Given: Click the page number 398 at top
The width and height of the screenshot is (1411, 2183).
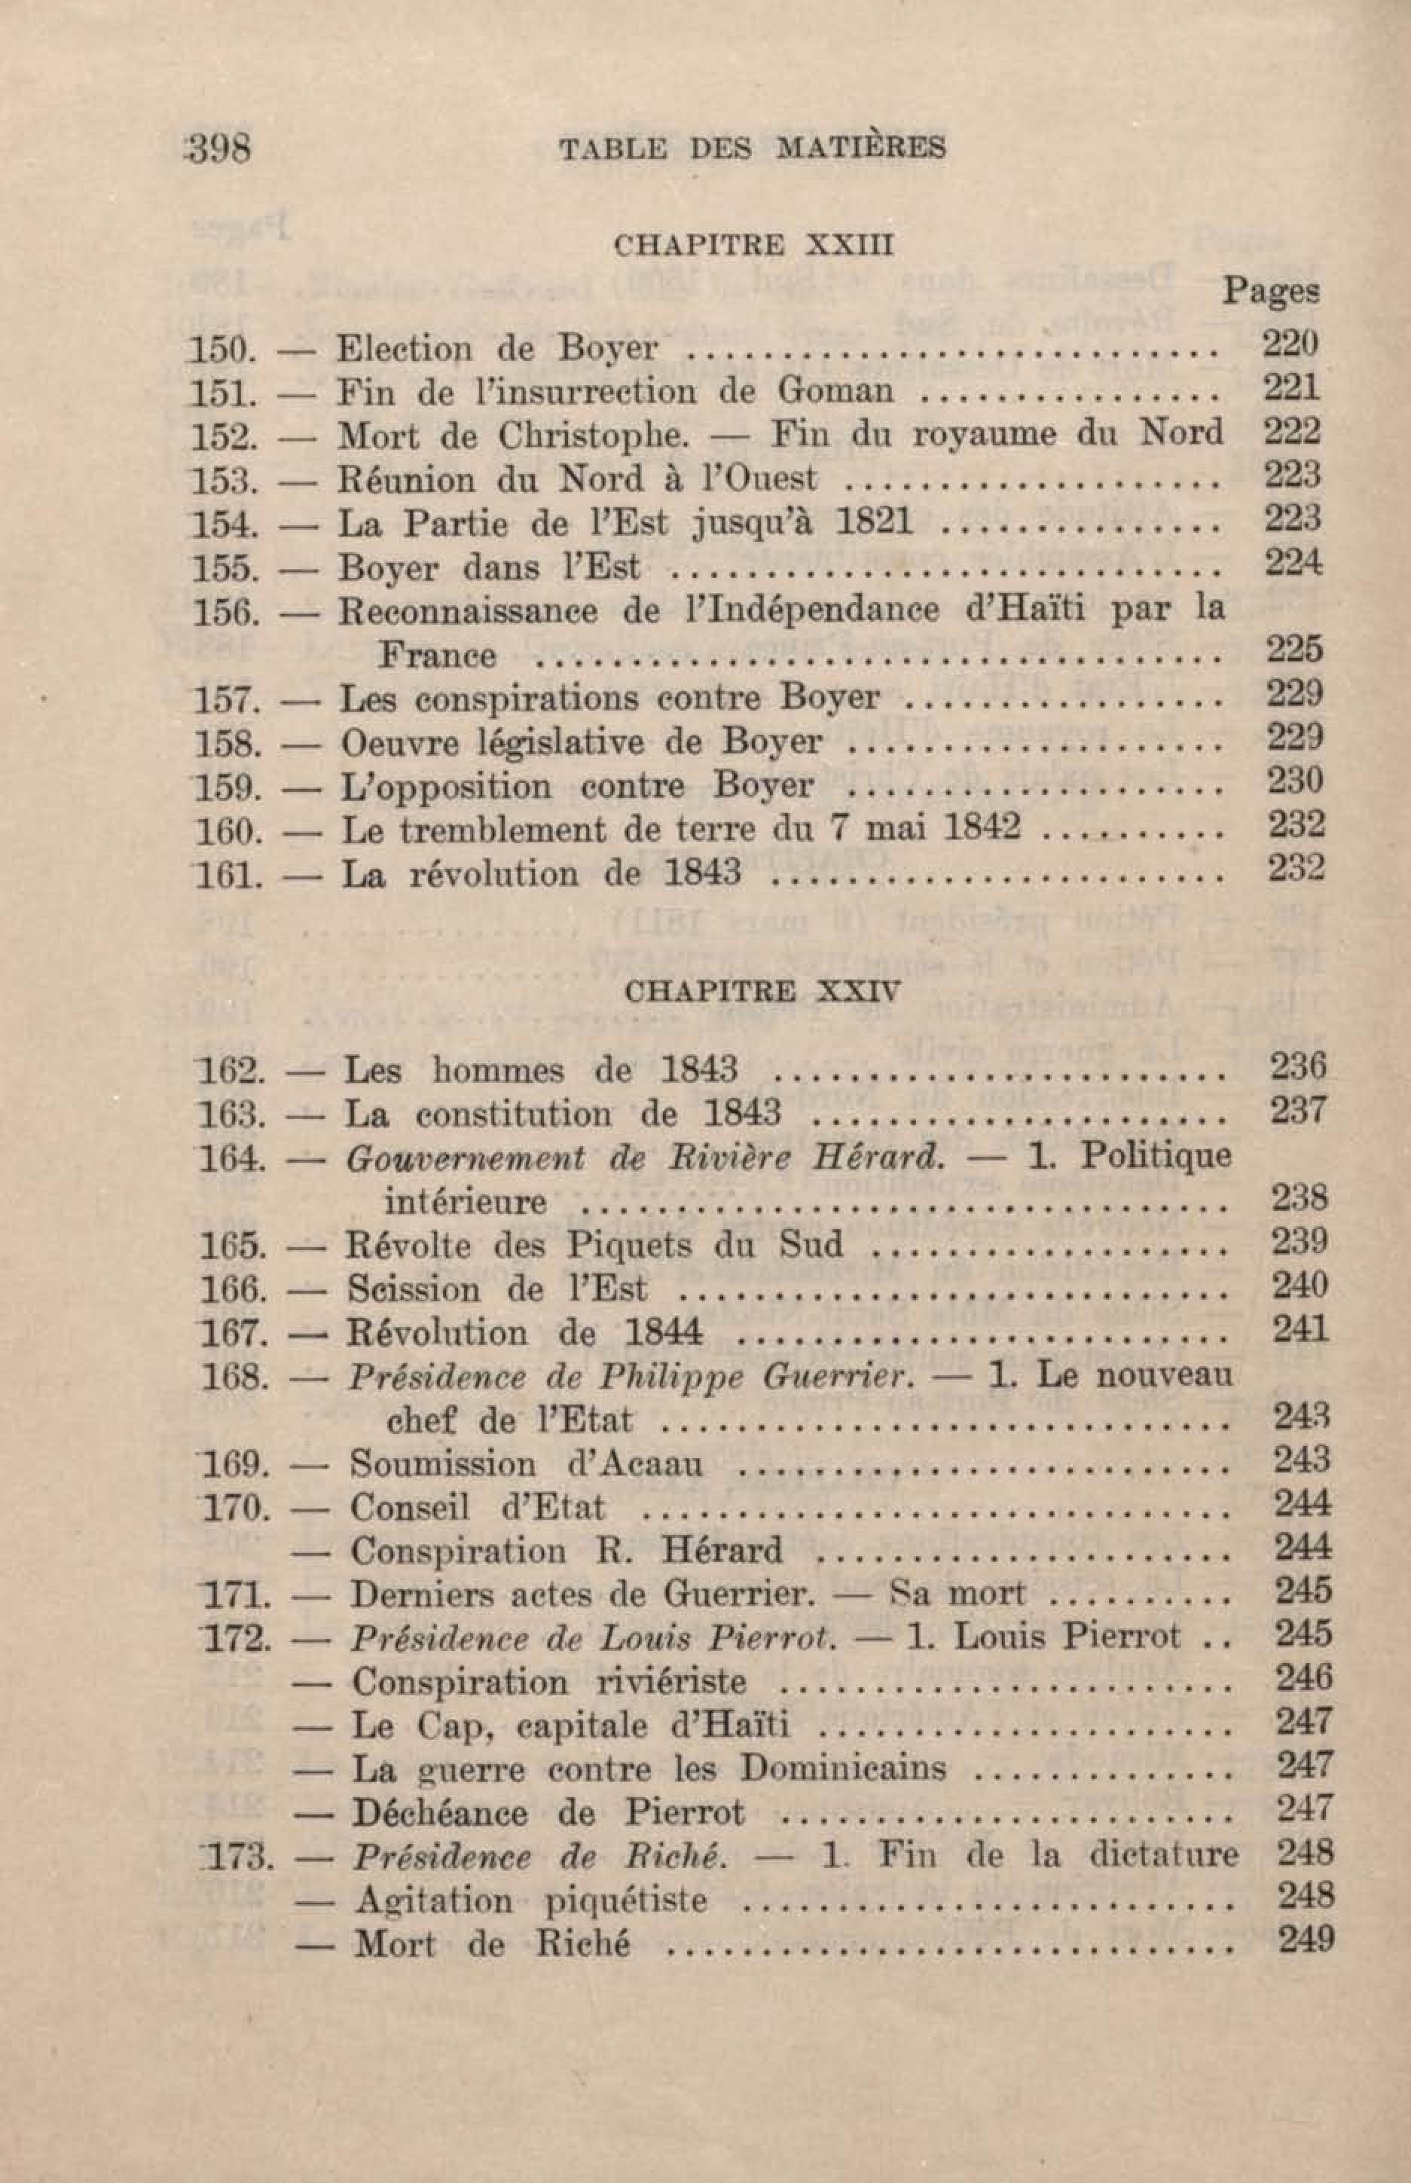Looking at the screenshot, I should [217, 148].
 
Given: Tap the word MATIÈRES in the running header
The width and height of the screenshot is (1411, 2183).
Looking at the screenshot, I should [860, 148].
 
